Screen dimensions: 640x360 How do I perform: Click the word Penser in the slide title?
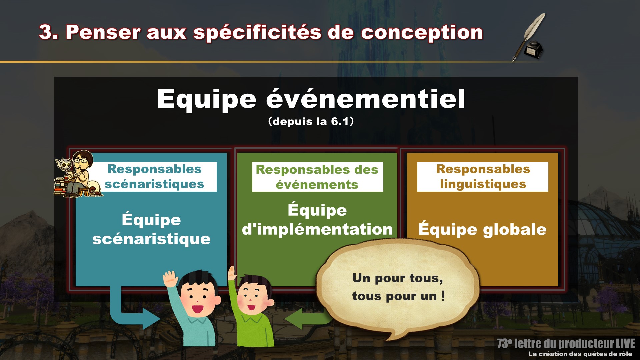(x=103, y=32)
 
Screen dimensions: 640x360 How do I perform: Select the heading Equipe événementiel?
(x=311, y=99)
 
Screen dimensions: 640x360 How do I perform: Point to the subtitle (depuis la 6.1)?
(x=311, y=121)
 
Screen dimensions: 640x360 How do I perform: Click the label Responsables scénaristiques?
(x=154, y=177)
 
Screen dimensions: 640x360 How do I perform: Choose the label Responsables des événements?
(x=317, y=177)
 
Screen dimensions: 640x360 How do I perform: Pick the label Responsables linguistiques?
(x=483, y=177)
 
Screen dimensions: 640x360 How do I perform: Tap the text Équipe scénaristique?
(x=151, y=229)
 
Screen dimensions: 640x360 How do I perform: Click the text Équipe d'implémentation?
(x=317, y=220)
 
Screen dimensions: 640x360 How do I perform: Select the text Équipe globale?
(x=482, y=229)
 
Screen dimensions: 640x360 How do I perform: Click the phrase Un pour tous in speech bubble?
(x=397, y=278)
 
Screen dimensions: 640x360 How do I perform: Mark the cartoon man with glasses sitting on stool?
(x=80, y=173)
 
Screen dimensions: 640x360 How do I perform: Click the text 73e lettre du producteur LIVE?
(x=566, y=343)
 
